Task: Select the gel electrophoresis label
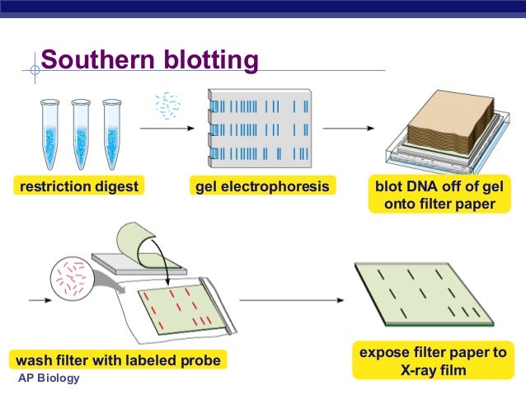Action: [261, 187]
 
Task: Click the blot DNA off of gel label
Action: [439, 187]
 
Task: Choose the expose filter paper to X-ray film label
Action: [430, 361]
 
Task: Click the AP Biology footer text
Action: [49, 379]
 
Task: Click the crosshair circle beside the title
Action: [34, 70]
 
